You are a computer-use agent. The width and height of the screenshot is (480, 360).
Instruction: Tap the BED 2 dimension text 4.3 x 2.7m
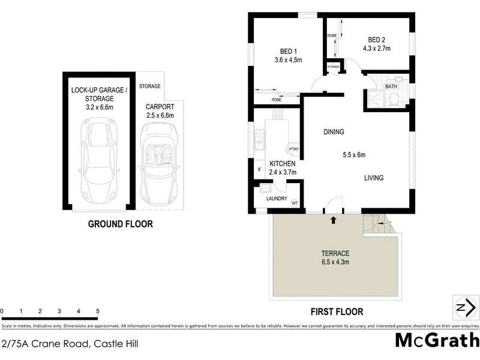(377, 49)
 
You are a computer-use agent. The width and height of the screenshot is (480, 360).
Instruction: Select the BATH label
(391, 86)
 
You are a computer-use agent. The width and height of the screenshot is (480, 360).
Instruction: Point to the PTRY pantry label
(293, 149)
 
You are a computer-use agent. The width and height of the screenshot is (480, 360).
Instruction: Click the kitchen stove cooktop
(277, 114)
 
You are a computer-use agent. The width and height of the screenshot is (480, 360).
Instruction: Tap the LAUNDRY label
(276, 199)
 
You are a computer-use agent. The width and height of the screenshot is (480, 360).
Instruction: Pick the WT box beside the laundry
(295, 203)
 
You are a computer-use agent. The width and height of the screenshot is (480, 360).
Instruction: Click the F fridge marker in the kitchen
(259, 170)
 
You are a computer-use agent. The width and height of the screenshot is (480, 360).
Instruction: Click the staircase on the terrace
(376, 224)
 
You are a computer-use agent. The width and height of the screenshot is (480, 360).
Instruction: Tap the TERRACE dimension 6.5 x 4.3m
(335, 262)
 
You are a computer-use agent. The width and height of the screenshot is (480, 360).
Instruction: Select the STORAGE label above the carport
(150, 86)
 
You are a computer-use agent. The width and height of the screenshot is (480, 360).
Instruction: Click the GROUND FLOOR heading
(120, 224)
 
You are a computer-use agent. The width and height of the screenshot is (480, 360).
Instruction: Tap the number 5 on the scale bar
(97, 311)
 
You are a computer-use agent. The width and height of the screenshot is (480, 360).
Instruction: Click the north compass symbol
(465, 308)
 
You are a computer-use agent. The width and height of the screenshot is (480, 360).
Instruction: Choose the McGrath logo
(437, 340)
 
